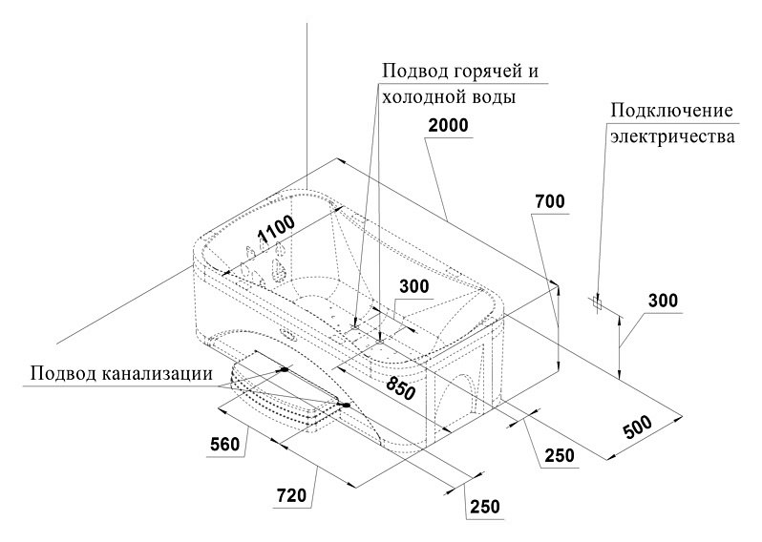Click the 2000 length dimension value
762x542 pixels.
pyautogui.click(x=448, y=125)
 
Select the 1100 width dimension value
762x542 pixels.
pyautogui.click(x=276, y=229)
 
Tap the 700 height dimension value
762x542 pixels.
pyautogui.click(x=550, y=201)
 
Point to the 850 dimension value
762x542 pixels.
pyautogui.click(x=401, y=387)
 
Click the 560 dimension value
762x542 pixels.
pyautogui.click(x=225, y=444)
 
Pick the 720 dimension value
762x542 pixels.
pyautogui.click(x=291, y=496)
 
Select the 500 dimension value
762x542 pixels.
pyautogui.click(x=637, y=427)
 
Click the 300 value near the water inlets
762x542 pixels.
pyautogui.click(x=414, y=286)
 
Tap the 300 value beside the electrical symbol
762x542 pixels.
pyautogui.click(x=663, y=301)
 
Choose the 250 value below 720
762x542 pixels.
pyautogui.click(x=484, y=507)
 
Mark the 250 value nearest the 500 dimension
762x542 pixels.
pyautogui.click(x=560, y=455)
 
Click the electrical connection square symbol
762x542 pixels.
pyautogui.click(x=597, y=303)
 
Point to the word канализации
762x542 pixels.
pyautogui.click(x=158, y=373)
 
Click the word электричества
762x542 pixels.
pyautogui.click(x=672, y=136)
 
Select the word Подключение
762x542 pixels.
pyautogui.click(x=671, y=112)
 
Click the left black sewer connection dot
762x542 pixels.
pyautogui.click(x=285, y=369)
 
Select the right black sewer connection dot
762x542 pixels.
pyautogui.click(x=346, y=405)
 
